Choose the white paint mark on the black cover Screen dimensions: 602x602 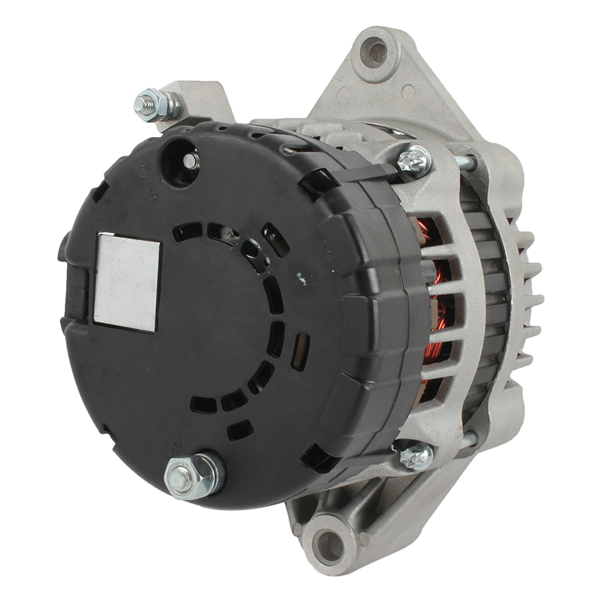[x=301, y=276]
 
